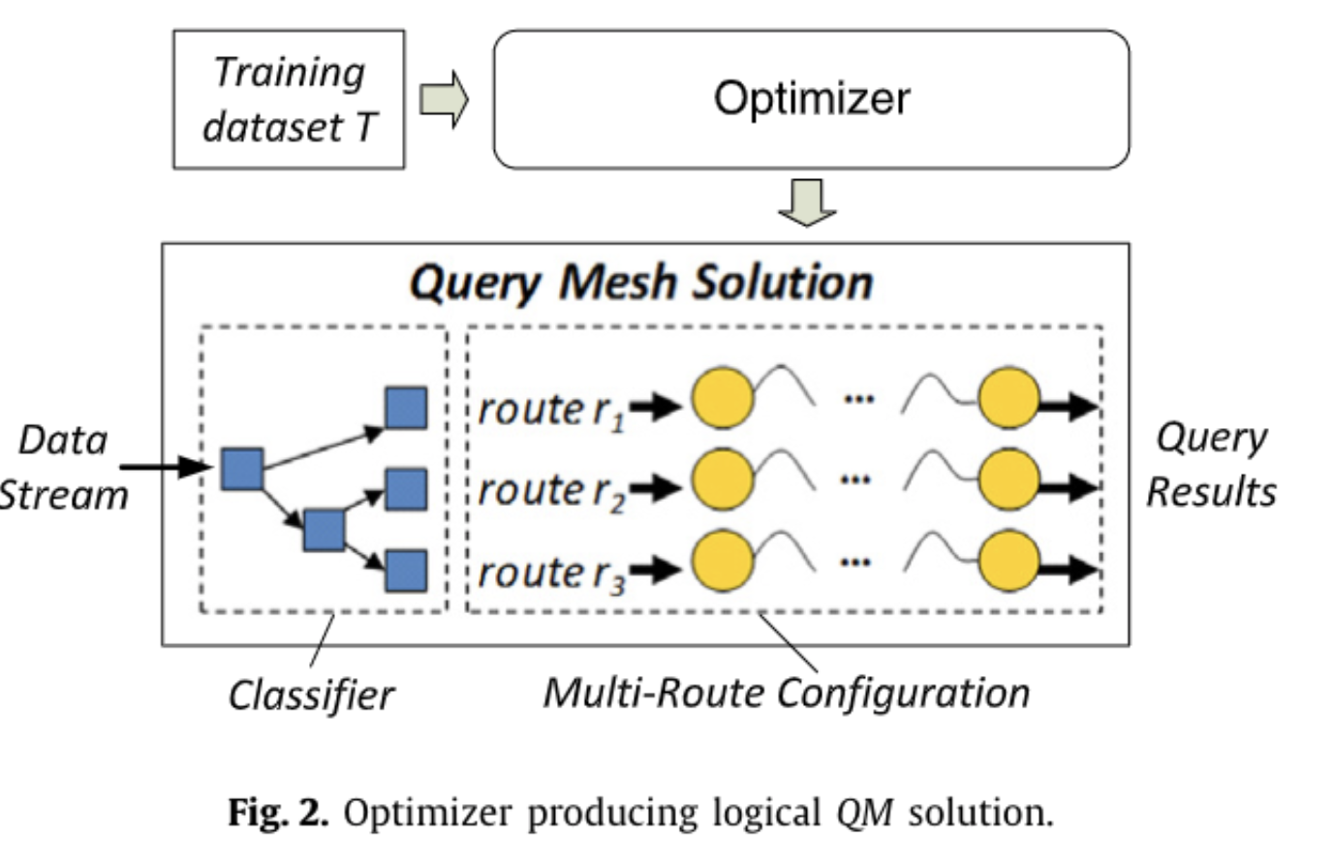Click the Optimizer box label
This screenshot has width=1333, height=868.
(x=812, y=99)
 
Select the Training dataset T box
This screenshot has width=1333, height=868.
(x=289, y=100)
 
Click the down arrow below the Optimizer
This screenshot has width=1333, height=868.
(x=806, y=201)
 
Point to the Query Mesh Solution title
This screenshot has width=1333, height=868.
(x=641, y=283)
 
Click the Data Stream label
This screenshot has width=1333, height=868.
(x=62, y=467)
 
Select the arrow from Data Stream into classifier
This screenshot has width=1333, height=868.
(x=165, y=468)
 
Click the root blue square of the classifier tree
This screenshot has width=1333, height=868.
(x=242, y=469)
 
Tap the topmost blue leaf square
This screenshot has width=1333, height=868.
(x=406, y=408)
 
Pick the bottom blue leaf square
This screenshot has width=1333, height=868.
(x=406, y=571)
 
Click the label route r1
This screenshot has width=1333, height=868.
(x=552, y=410)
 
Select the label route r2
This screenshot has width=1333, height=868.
(x=552, y=491)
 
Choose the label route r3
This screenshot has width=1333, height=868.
(x=552, y=573)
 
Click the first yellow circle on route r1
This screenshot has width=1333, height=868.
(x=723, y=398)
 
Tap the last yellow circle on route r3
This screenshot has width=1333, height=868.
(x=1008, y=561)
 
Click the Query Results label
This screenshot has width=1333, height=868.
(x=1211, y=465)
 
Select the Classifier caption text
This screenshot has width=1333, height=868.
(x=311, y=696)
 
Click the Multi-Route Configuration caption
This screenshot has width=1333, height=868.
(x=787, y=694)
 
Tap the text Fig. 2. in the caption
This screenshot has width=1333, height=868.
(x=278, y=812)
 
